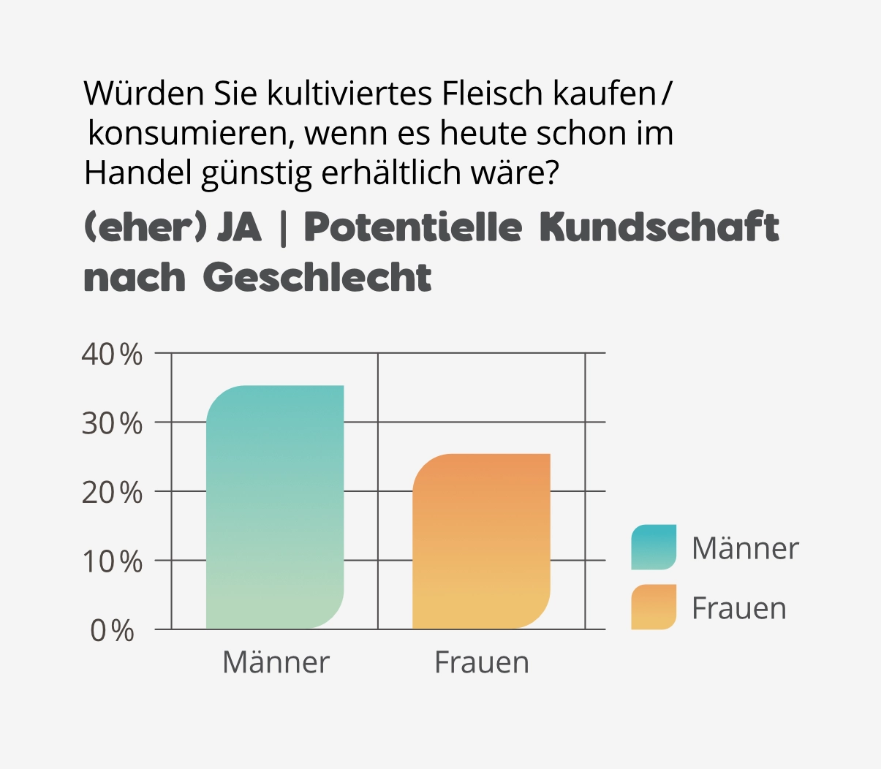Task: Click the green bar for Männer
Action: (275, 507)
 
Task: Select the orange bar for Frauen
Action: (481, 541)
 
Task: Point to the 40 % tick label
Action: (112, 355)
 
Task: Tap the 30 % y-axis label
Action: (112, 423)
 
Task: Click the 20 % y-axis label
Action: (112, 493)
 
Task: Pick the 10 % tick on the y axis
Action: (112, 562)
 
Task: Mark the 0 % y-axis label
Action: (113, 631)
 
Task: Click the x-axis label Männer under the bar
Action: (276, 662)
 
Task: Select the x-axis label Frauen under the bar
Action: (482, 662)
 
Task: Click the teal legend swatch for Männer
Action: (654, 547)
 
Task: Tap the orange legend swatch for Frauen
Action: (654, 607)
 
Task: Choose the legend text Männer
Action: (745, 548)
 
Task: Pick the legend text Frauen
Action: (739, 608)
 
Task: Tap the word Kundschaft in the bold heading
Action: (659, 228)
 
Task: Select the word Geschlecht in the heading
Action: (317, 278)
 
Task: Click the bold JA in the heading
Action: (239, 228)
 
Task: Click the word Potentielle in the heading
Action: (412, 228)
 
